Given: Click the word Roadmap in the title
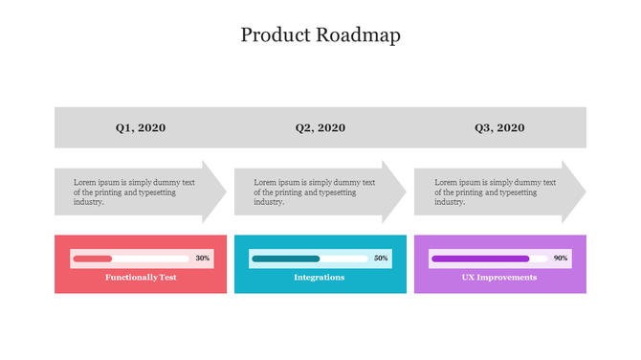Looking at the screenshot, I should point(361,35).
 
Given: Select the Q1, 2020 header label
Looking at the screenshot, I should point(141,127).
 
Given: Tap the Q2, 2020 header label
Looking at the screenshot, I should point(320,127).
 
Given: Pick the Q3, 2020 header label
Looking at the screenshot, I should point(499,127).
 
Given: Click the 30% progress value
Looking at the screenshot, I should point(202,259).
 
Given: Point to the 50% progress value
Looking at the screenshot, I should point(381,259).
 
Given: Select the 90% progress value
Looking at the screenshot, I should point(561,259).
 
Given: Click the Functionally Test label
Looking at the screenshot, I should point(141,278).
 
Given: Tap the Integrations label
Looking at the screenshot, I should point(320,278).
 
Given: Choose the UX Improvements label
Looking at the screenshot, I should point(499,278).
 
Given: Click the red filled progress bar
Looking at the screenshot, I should point(93,259).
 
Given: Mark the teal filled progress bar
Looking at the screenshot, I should point(285,259).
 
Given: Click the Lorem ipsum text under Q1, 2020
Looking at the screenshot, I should point(134,191).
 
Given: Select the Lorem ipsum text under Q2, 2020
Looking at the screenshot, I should point(314,191).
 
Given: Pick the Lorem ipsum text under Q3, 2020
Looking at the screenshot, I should point(494,191).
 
